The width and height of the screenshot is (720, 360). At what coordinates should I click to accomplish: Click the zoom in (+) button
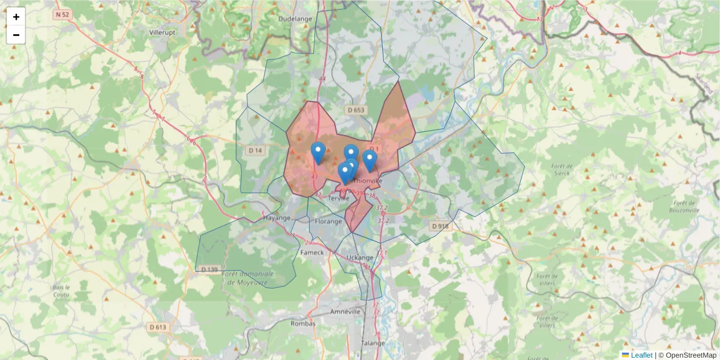point(16,17)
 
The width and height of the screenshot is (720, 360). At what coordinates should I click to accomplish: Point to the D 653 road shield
point(355,110)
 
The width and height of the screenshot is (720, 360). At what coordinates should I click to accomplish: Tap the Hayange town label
point(277,218)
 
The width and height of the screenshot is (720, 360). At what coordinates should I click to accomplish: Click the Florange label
point(328,221)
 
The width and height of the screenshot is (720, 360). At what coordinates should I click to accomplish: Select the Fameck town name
point(311,253)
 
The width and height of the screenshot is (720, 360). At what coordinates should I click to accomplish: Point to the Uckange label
point(361,257)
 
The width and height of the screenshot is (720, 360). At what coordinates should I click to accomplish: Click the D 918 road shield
point(440,226)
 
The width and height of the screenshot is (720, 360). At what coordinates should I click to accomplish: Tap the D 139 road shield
point(209,269)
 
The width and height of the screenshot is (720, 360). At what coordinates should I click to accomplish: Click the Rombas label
point(302,323)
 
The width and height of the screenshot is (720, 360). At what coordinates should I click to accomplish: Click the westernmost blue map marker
point(318,152)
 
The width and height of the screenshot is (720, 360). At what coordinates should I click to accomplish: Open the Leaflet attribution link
point(641,355)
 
